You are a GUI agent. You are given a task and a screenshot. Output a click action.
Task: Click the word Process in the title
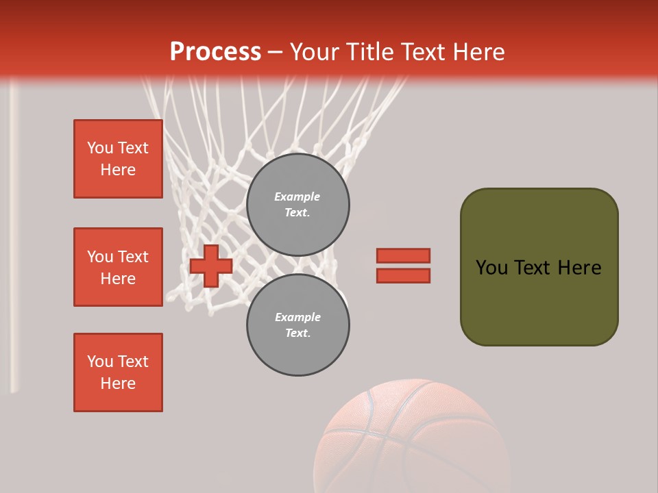point(215,52)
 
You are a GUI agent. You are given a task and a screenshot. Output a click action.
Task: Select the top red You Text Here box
point(118,159)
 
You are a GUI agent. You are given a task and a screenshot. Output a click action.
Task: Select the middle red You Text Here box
point(118,267)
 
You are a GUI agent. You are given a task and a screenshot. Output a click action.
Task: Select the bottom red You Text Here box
point(118,372)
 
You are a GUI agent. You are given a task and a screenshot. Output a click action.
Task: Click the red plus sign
point(211,266)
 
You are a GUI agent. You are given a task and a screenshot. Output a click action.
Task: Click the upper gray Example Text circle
point(298,205)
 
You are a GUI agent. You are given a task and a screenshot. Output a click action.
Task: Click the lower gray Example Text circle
point(298,325)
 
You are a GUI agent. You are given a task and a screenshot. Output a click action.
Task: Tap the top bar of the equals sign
point(403,255)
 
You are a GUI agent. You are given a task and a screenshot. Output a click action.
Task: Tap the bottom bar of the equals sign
point(403,276)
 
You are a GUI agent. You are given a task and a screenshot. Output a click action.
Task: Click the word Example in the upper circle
point(297,197)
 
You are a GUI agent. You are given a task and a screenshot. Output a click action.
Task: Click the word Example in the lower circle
point(297,317)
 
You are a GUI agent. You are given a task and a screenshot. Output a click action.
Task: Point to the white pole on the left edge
point(13,240)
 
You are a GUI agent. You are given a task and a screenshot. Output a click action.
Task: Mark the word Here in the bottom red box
point(118,383)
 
